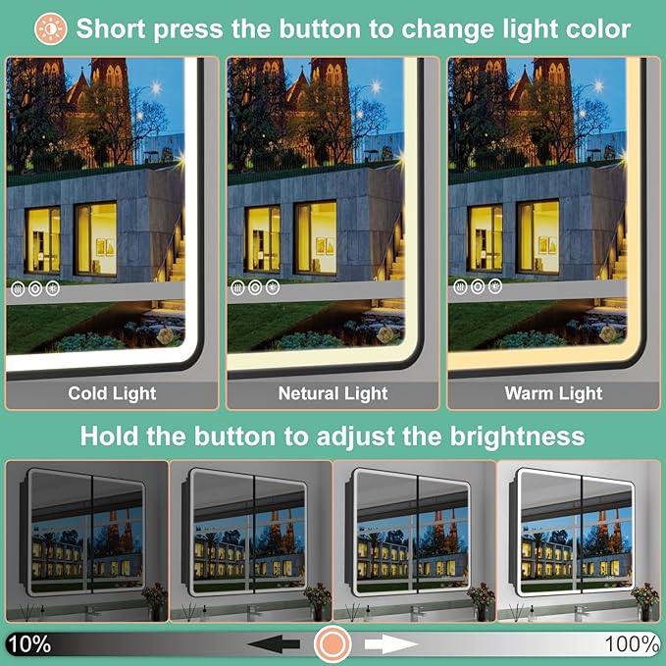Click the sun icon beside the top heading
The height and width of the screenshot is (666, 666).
(51, 28)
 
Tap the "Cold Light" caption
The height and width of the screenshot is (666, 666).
(112, 393)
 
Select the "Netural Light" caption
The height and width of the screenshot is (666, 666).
(333, 393)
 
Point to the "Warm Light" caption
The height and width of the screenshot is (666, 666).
(553, 393)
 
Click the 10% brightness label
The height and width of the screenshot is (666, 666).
(29, 643)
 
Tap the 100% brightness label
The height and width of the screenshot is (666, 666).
(632, 643)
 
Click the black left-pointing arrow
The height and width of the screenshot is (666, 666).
(274, 644)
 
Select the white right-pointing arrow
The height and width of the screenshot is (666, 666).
(391, 644)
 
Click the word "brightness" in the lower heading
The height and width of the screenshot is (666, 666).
(517, 436)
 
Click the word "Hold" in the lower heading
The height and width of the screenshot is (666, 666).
(109, 436)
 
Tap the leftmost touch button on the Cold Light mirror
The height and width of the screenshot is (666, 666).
(18, 289)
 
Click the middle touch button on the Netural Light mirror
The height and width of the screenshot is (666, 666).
(255, 288)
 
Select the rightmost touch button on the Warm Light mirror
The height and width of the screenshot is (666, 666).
(494, 286)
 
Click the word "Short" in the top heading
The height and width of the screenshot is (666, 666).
(111, 28)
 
